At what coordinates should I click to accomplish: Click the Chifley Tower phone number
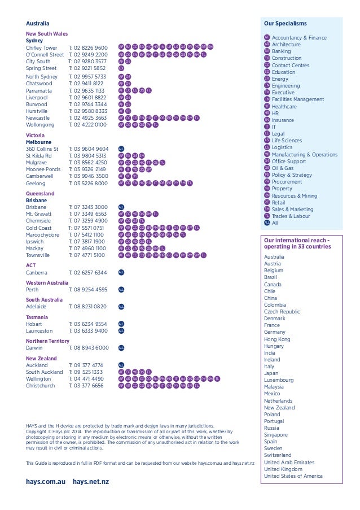click(88, 48)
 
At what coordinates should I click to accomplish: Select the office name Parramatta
click(41, 90)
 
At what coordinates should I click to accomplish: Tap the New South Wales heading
click(47, 34)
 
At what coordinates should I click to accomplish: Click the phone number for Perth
click(88, 290)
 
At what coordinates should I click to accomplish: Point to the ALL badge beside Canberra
click(121, 272)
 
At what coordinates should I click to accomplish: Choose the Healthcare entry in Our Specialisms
click(284, 106)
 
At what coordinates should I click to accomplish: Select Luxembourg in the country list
click(279, 380)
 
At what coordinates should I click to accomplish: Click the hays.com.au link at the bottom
click(46, 481)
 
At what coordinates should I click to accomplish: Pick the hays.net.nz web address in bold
click(91, 481)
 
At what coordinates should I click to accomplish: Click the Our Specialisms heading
click(286, 23)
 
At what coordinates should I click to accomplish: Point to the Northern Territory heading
click(47, 341)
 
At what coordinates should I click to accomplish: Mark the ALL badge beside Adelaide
click(121, 307)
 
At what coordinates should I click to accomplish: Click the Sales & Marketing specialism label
click(292, 210)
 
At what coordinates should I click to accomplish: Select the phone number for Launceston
click(88, 331)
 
